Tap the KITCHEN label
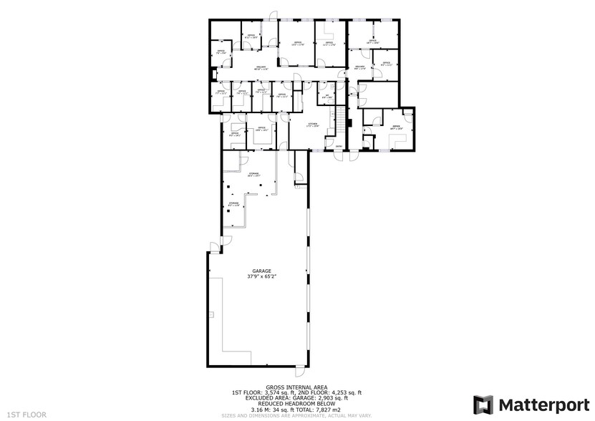(312, 124)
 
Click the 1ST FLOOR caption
(28, 414)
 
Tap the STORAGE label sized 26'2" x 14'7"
(253, 173)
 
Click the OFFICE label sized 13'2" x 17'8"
(297, 43)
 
